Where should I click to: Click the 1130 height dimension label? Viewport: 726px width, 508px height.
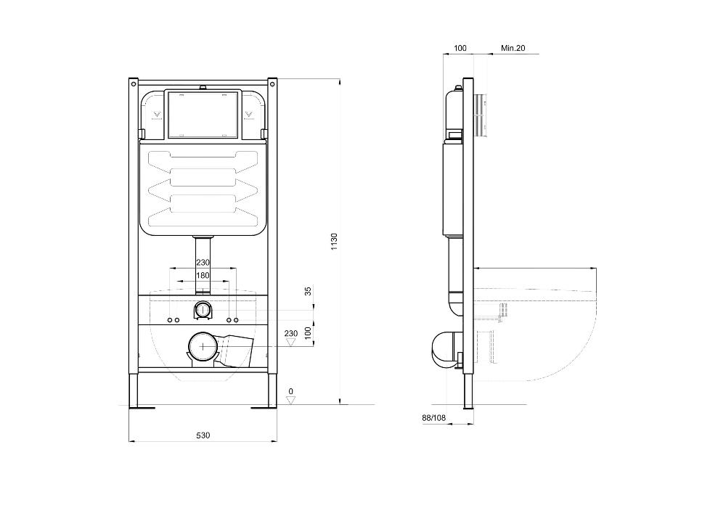click(334, 242)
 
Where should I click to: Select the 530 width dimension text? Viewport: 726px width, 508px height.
click(203, 435)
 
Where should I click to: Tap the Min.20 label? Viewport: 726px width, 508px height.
click(513, 48)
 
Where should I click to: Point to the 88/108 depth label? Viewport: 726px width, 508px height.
click(434, 418)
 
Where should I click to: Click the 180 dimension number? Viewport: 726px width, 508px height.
click(203, 275)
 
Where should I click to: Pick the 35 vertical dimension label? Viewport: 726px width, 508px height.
click(308, 290)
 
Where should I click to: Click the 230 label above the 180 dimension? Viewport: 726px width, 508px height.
click(203, 262)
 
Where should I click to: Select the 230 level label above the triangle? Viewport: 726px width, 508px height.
click(291, 333)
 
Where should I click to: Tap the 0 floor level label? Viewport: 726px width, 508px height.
click(291, 391)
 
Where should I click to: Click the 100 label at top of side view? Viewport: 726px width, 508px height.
click(460, 48)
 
